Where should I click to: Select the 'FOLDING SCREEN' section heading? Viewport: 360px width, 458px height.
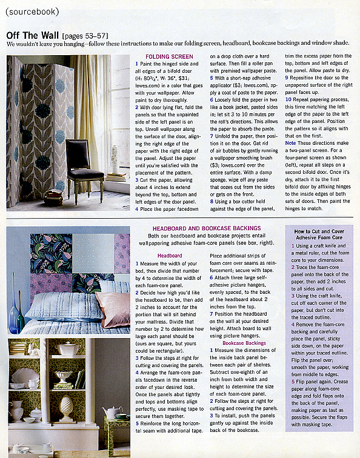165,57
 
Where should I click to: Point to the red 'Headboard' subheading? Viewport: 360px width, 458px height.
170,256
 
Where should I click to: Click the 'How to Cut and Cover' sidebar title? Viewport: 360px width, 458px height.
319,231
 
